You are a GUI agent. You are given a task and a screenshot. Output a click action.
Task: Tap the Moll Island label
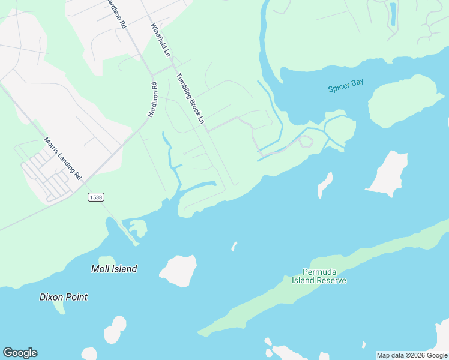pos(114,269)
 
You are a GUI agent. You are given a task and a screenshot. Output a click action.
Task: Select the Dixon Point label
pos(64,297)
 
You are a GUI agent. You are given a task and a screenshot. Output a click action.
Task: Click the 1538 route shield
pos(95,197)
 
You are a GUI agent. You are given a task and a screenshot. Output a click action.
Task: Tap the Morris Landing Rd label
pos(62,159)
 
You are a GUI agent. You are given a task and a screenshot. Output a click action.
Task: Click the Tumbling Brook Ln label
pos(190,99)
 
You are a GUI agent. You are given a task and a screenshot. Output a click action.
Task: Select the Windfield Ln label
pos(161,40)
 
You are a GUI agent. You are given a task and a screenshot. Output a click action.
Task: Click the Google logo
pos(20,353)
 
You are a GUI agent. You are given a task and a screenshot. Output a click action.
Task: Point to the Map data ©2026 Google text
pos(412,355)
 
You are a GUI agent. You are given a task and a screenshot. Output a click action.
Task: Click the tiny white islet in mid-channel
pos(235,246)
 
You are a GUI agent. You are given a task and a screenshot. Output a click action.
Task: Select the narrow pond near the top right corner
pos(393,13)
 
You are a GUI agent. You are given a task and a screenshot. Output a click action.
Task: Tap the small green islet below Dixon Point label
pos(58,308)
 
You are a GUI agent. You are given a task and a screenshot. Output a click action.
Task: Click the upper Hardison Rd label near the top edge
pos(116,14)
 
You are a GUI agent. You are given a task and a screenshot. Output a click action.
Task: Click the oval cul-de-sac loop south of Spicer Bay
pos(306,142)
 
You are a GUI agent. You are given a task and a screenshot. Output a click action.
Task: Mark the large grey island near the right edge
pos(387,174)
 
